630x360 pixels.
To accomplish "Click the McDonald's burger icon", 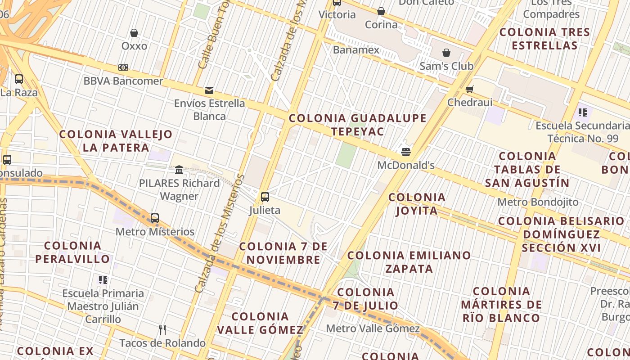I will [x=406, y=152].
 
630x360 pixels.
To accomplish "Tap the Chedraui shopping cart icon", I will [x=470, y=89].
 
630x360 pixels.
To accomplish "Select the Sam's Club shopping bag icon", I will [x=446, y=53].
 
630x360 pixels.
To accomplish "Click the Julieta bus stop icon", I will [x=265, y=197].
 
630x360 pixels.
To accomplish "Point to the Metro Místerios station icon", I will [x=155, y=218].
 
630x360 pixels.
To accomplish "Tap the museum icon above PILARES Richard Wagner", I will [x=179, y=170].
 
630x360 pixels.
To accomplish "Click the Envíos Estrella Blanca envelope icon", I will [x=209, y=90].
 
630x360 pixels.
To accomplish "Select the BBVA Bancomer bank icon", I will [x=123, y=67].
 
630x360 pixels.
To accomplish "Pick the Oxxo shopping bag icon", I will [x=134, y=33].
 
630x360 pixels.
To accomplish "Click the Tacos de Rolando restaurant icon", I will [x=162, y=330].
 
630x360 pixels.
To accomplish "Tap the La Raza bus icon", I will [x=19, y=79].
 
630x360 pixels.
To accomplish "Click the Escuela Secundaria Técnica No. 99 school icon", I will [x=583, y=112].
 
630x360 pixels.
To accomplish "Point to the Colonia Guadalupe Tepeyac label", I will [x=358, y=125].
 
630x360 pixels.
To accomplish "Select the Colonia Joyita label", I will [x=417, y=204].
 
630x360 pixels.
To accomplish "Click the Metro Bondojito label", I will [x=538, y=202].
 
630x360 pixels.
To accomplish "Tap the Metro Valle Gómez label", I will [x=373, y=328].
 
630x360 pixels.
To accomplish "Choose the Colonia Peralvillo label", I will [x=72, y=252].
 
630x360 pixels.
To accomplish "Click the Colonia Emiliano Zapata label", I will [x=409, y=262].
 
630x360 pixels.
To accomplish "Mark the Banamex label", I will [x=356, y=49].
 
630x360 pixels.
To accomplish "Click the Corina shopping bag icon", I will [x=381, y=11].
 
